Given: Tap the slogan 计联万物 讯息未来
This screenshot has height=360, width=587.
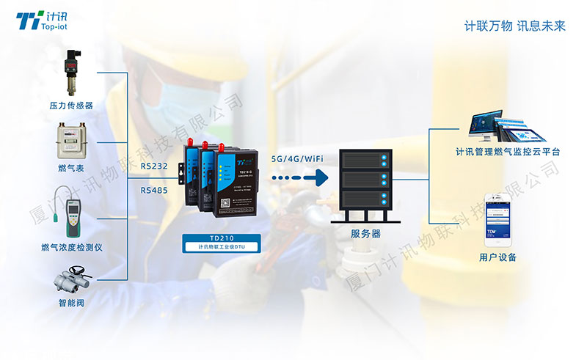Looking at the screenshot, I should coord(515,26).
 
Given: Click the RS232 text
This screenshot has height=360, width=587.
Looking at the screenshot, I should coord(154,166).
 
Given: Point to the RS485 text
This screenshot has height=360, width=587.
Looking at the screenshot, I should coord(154,189).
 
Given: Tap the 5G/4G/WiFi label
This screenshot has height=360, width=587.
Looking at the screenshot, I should coord(298,158).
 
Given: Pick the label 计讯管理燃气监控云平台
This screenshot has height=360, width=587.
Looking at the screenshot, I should coord(507,153).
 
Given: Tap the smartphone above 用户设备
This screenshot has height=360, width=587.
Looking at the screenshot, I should coord(497,218).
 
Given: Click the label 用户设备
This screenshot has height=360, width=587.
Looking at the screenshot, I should coord(497,257).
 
